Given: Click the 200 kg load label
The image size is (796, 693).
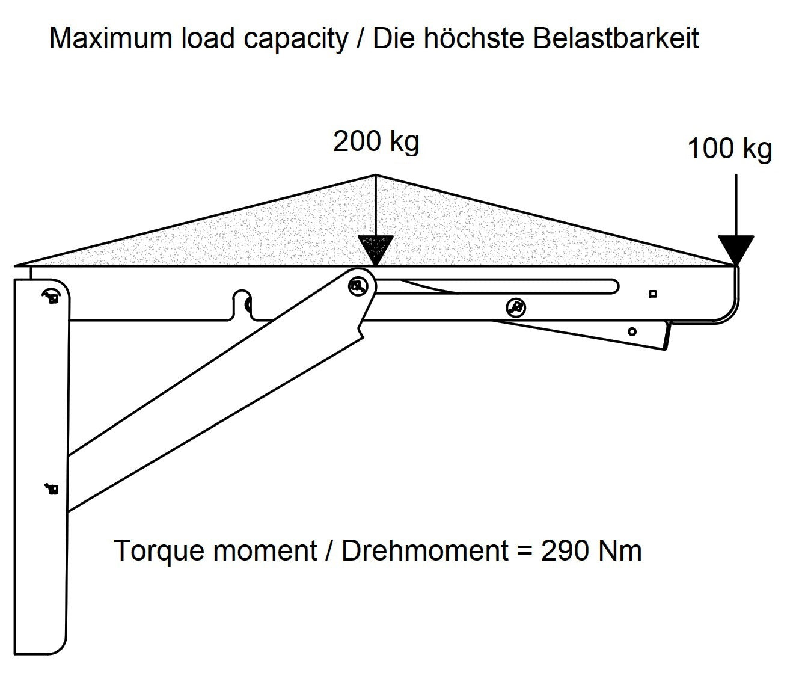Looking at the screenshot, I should pyautogui.click(x=376, y=142).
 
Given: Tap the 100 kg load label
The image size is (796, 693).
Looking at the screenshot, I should pyautogui.click(x=729, y=149).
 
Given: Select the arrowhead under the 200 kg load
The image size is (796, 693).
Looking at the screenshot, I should pyautogui.click(x=376, y=249).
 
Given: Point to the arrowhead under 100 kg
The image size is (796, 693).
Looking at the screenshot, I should pyautogui.click(x=736, y=249).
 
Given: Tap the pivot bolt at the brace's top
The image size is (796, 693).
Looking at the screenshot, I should pyautogui.click(x=359, y=286).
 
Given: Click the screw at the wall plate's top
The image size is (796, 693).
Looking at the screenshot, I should pyautogui.click(x=51, y=296).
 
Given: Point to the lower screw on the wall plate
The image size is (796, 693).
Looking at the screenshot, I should pyautogui.click(x=52, y=489).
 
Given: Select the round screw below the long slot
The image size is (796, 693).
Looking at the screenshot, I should pyautogui.click(x=515, y=307).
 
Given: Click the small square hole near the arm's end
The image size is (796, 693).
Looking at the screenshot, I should pyautogui.click(x=653, y=294).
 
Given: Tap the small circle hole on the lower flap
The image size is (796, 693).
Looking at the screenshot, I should pyautogui.click(x=632, y=331).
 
